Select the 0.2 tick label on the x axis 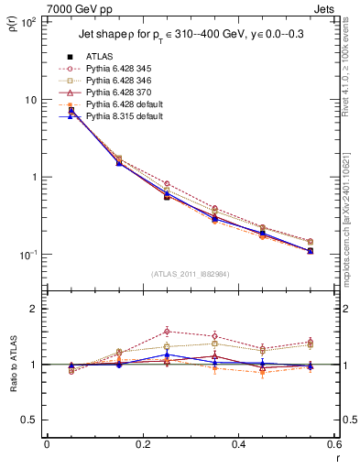point(142,444)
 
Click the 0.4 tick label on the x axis point(237,444)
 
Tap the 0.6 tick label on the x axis point(333,444)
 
